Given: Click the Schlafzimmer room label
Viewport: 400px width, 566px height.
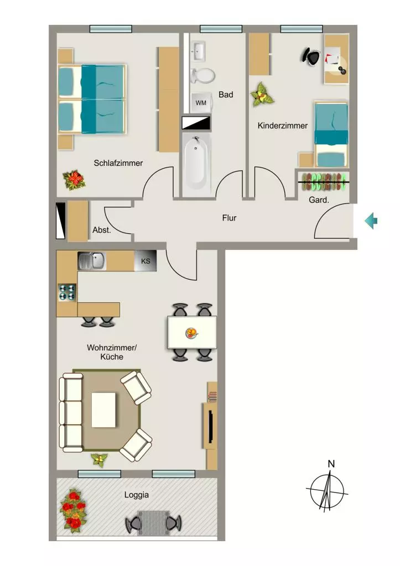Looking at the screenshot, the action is point(118,163).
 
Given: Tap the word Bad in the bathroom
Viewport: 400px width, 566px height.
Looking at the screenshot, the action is point(226,95).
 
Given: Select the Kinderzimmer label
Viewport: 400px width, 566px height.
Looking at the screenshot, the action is point(283,125).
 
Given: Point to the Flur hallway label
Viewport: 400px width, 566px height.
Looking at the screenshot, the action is point(229,218).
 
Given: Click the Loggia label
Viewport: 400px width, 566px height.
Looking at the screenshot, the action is point(137,495).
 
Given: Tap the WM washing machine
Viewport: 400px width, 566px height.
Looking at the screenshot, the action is point(201,103).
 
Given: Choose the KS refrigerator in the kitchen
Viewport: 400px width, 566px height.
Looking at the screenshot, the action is point(146,261).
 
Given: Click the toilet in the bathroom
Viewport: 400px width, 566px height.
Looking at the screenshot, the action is point(202,75).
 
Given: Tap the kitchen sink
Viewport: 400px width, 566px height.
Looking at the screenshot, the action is point(92,261).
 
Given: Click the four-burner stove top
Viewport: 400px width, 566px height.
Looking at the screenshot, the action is point(67,293).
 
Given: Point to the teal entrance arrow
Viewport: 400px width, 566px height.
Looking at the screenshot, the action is point(371,221).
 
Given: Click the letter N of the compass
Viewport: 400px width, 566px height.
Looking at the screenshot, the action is point(331,464).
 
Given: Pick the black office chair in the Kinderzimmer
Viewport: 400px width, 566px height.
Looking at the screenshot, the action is point(311,56).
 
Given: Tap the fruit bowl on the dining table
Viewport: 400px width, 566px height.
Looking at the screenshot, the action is point(191,333).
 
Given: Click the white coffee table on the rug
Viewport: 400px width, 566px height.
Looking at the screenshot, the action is point(104,410).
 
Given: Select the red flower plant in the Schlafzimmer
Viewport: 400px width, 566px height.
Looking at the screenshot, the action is point(74,180).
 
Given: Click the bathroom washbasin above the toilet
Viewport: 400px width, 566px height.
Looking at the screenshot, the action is point(199,51).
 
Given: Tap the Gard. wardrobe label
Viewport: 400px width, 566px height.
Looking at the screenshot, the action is point(319,200).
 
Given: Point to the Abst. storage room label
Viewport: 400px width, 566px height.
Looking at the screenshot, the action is point(102,230).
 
